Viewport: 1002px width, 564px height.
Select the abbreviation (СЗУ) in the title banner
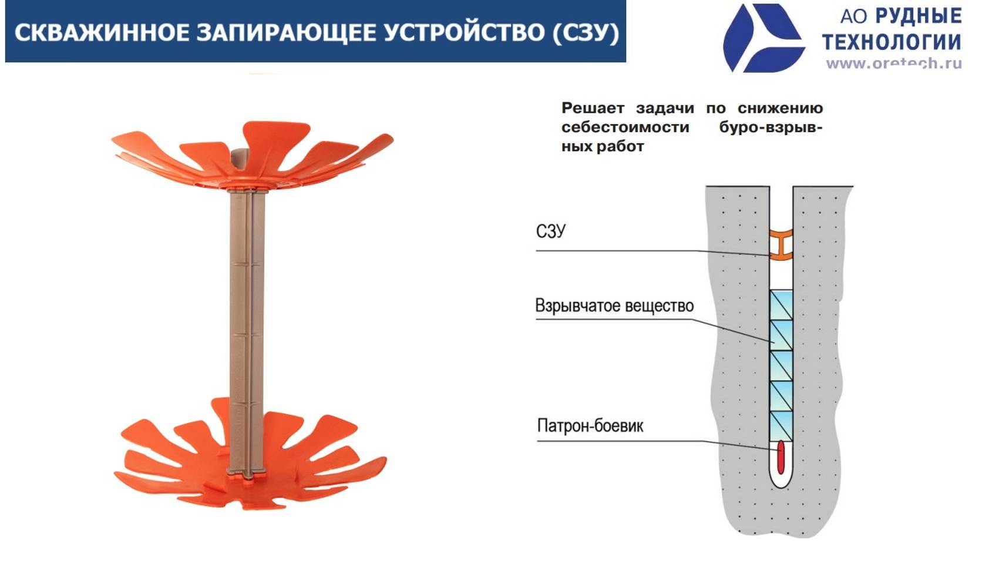[586, 33]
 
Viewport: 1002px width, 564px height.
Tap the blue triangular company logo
[762, 38]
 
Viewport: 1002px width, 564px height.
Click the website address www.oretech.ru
[893, 63]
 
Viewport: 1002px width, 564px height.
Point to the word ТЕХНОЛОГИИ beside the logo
[892, 42]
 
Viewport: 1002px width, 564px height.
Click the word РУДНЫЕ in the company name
[919, 16]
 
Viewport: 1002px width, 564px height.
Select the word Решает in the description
[593, 108]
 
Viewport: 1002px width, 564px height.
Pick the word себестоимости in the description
[625, 127]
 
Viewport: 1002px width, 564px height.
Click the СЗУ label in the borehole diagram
[550, 231]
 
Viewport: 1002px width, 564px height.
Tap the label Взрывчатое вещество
[614, 305]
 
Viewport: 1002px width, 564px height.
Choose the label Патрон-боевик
[590, 425]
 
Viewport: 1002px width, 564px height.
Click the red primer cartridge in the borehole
[781, 457]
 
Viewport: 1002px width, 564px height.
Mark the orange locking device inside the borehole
[781, 244]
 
